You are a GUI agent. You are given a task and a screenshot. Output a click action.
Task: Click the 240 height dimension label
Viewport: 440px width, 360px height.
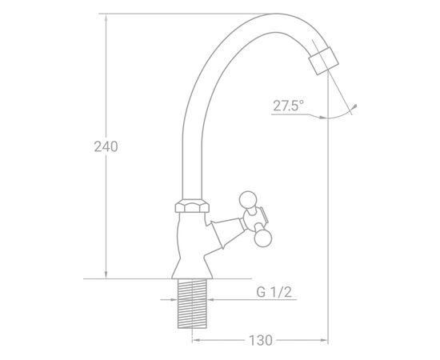[106, 146]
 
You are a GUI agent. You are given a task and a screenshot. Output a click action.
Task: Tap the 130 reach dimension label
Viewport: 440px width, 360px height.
[261, 340]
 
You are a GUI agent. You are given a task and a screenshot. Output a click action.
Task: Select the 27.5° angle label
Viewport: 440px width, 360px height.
[288, 106]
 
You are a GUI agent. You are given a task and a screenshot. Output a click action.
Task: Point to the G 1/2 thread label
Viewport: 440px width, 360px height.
[274, 292]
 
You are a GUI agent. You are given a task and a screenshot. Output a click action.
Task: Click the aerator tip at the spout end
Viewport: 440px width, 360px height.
[323, 61]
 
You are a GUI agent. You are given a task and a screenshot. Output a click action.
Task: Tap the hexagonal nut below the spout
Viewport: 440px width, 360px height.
[192, 206]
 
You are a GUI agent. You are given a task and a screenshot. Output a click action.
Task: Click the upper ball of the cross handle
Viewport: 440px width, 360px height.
[248, 199]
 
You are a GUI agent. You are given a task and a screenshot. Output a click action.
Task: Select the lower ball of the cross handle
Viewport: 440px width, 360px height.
[263, 238]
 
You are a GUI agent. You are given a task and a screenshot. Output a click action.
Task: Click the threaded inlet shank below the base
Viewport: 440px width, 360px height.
[192, 304]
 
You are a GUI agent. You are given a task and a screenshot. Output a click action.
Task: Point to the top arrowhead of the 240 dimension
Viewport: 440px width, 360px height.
[106, 18]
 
